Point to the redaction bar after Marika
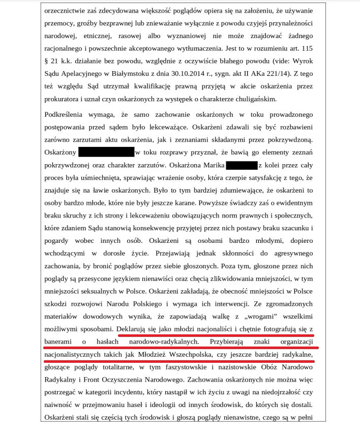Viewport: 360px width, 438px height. coord(242,165)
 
